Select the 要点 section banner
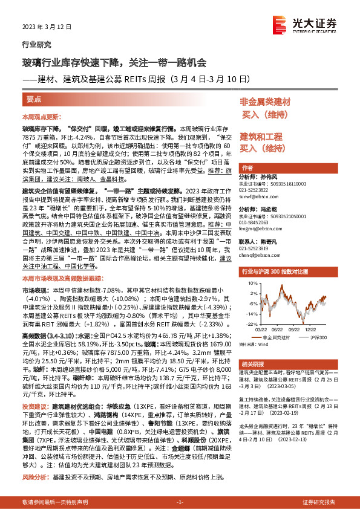(34, 99)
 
